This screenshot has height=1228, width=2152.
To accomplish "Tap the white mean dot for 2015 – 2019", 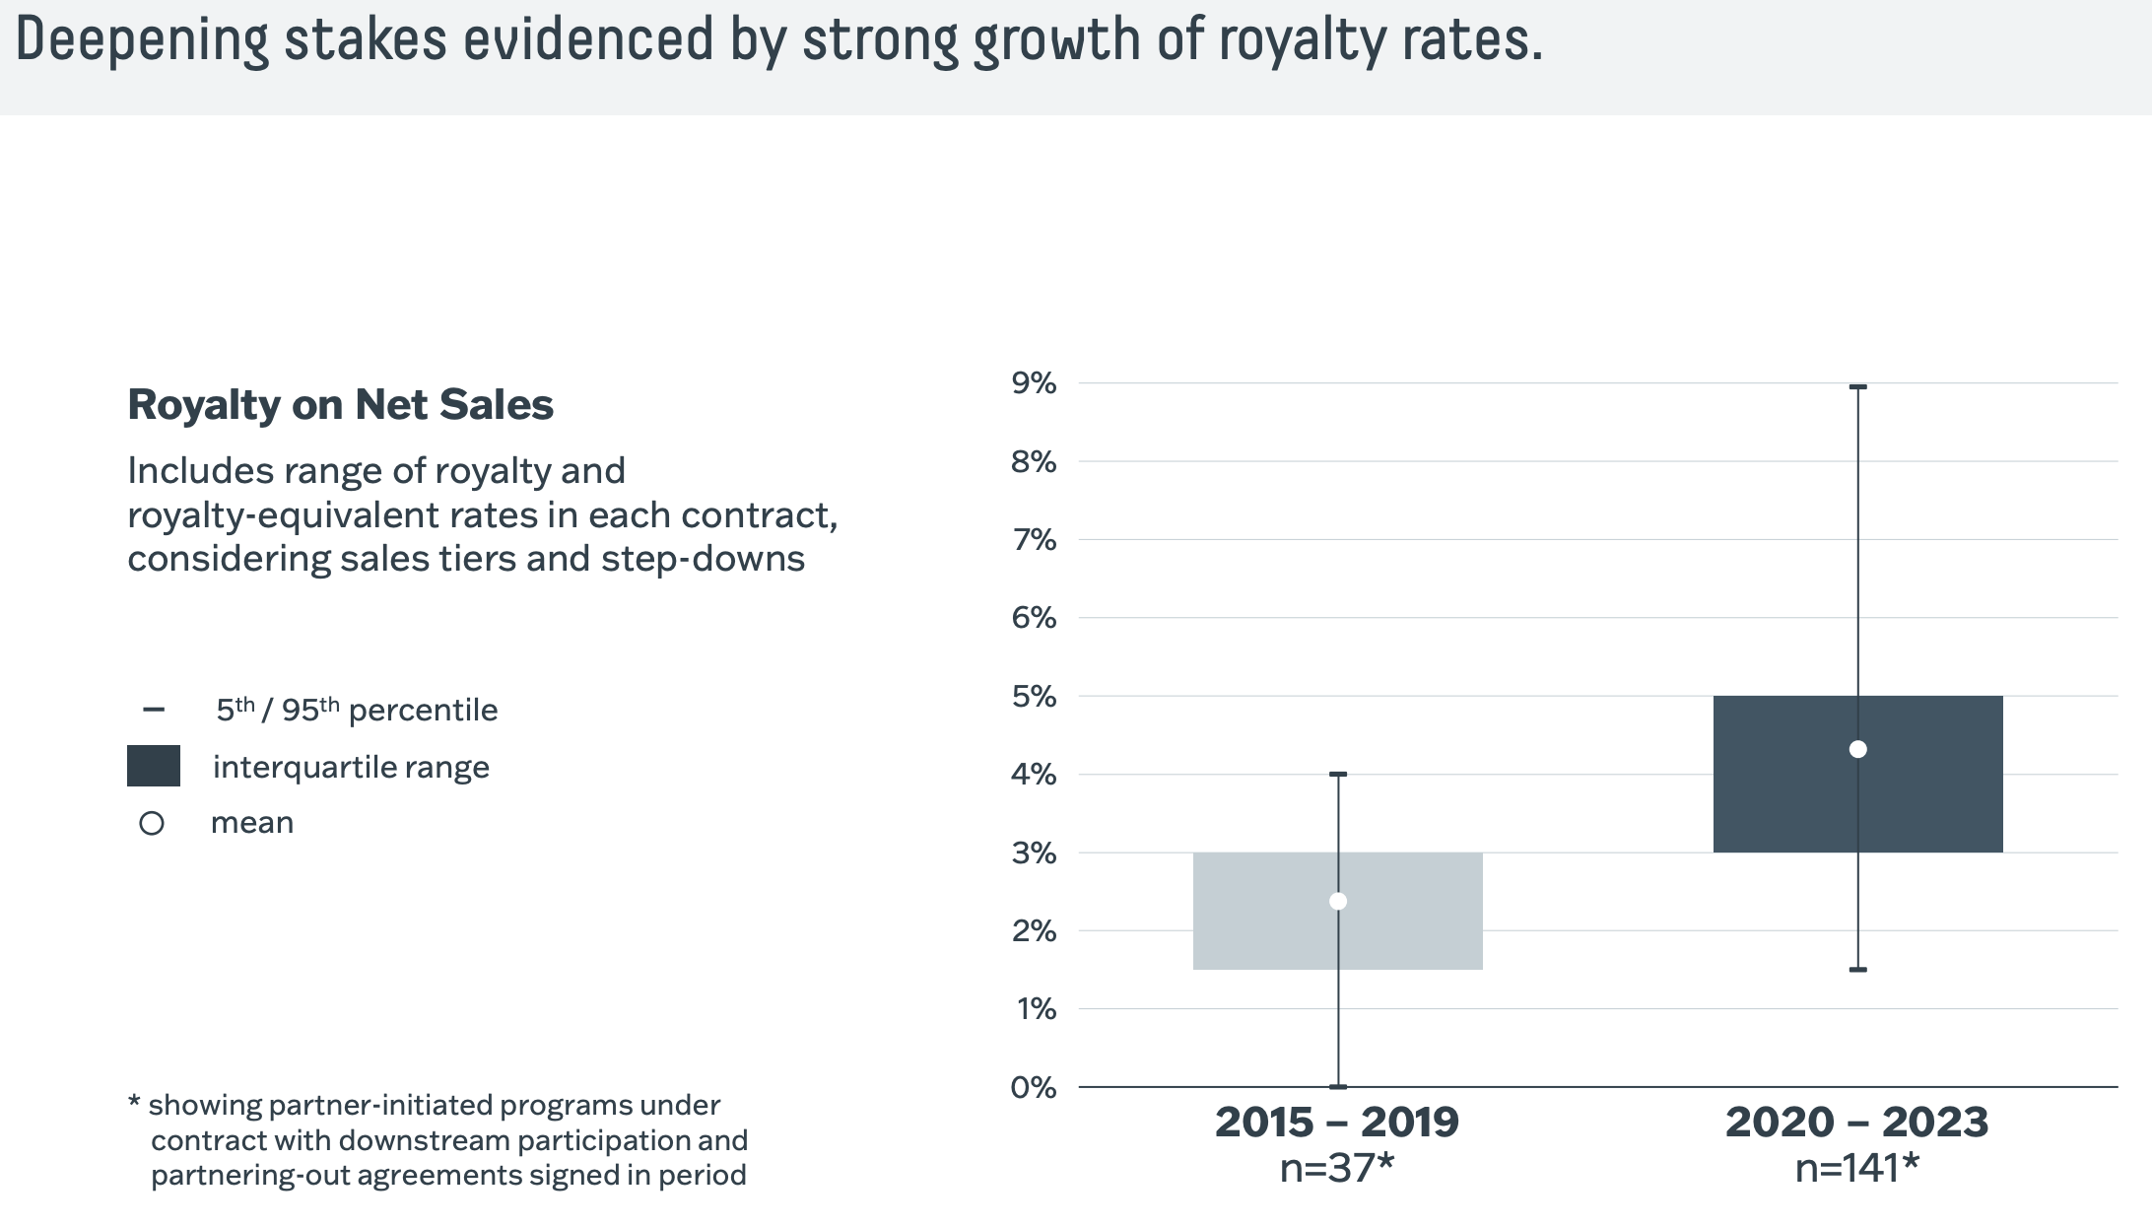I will (1338, 901).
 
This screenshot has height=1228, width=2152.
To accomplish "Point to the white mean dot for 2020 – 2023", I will (1858, 749).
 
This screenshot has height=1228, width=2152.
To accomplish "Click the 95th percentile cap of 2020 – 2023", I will (1858, 387).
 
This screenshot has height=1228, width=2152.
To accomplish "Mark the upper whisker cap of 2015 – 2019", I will (1338, 775).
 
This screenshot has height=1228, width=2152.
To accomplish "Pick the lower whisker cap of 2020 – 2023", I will (1858, 970).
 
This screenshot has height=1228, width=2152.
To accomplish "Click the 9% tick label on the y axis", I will (1034, 383).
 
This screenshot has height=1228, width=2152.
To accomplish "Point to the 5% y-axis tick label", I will (1034, 697).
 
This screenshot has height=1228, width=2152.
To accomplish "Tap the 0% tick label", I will (1034, 1088).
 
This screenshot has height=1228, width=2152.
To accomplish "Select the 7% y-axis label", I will (1034, 540).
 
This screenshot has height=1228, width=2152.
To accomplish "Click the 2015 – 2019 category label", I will (1337, 1123).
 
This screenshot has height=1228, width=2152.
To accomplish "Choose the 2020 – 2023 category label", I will (1857, 1123).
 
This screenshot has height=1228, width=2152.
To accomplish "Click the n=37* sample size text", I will (1337, 1169).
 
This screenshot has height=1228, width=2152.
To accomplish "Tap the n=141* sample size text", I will (1857, 1169).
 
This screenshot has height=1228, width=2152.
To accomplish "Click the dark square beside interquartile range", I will (154, 766).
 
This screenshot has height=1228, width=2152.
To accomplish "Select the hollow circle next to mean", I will (152, 823).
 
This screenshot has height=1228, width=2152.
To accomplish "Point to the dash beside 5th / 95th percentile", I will (154, 710).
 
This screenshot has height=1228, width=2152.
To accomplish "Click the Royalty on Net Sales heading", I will (341, 405).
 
